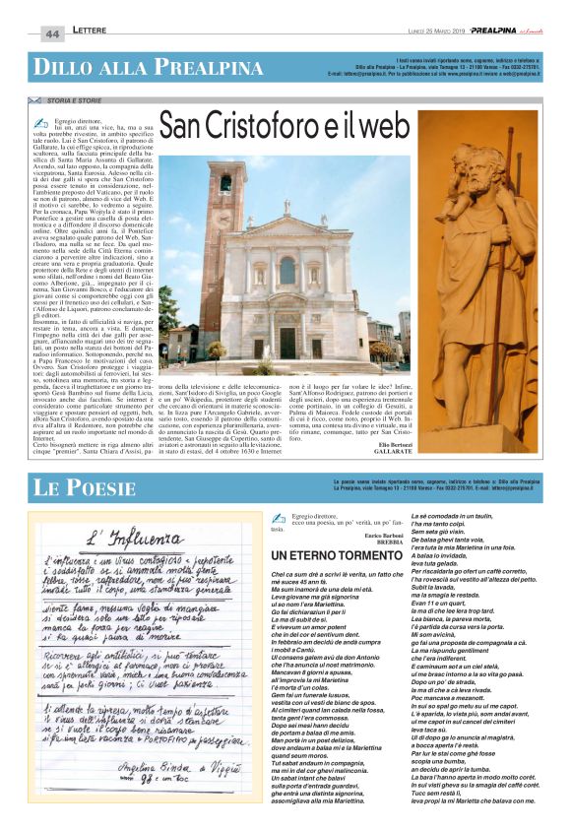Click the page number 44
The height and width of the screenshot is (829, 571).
(51, 33)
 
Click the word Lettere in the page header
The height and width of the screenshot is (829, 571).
(92, 32)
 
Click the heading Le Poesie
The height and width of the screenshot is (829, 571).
(79, 487)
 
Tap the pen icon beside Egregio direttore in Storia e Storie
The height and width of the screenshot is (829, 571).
(40, 121)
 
